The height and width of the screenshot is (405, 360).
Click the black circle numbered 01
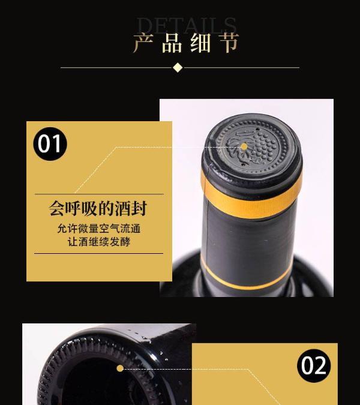(50, 143)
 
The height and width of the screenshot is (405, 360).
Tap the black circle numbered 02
(314, 365)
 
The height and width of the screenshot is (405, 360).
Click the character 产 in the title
(143, 43)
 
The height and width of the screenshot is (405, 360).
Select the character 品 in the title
(172, 43)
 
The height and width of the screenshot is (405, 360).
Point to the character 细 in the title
(200, 43)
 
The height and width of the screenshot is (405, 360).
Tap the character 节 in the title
(229, 43)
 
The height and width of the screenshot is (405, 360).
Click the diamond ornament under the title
(178, 68)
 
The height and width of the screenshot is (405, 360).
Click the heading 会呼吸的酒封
(98, 208)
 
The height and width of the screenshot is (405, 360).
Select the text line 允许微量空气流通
(98, 229)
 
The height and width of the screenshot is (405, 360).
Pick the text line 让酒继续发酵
(99, 242)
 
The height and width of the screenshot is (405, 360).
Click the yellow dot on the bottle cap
(244, 147)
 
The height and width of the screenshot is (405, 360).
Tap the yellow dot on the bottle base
(120, 368)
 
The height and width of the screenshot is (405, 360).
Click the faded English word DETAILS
(187, 25)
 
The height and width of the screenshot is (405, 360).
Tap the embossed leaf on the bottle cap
(238, 151)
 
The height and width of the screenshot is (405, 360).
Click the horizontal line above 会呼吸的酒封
(99, 194)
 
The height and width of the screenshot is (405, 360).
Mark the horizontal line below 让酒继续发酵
(98, 253)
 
